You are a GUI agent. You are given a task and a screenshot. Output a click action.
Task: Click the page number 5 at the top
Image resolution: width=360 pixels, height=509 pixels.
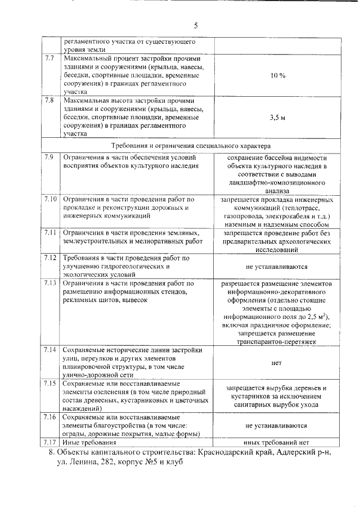pos(196,25)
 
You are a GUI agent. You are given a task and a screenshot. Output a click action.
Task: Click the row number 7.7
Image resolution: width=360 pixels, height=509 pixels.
pos(50,58)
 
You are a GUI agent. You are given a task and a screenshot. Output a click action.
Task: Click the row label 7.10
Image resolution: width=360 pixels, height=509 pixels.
pos(51,199)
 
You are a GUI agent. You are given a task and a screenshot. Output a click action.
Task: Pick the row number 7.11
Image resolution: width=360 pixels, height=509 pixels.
pos(51,232)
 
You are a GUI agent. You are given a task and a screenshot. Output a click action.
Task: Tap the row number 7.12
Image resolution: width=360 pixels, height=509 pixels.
pos(51,258)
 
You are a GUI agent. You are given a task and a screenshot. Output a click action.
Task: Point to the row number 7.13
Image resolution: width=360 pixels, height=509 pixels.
pos(51,283)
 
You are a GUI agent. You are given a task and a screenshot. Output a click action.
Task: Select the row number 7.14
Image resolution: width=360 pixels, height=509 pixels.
pos(51,350)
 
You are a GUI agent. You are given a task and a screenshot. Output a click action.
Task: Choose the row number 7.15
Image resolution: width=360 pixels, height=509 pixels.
pos(51,383)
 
